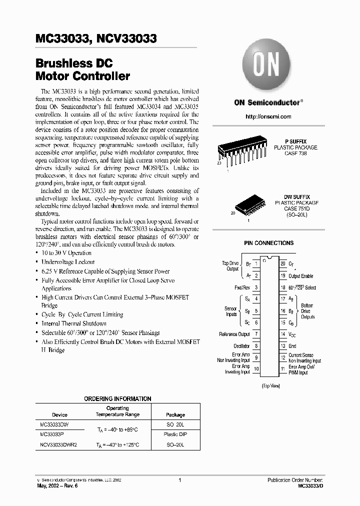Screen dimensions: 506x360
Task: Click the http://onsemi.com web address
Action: pos(268,116)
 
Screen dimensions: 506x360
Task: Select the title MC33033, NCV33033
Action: pos(96,39)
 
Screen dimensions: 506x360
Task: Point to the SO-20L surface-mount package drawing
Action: pos(249,203)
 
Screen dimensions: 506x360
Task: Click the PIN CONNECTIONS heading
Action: pos(268,243)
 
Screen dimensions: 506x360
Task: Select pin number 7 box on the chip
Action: pos(256,334)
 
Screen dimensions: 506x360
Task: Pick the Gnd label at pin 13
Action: pos(292,346)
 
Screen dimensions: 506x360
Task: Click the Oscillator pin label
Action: pos(241,346)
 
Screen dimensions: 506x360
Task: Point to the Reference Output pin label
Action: pos(234,334)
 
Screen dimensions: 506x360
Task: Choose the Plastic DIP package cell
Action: pos(175,434)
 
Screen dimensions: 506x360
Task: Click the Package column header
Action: pos(175,415)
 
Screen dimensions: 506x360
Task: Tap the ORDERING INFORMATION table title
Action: pos(117,398)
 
